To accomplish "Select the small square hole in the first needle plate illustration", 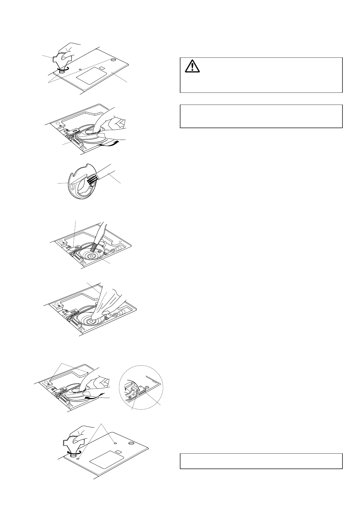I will (x=102, y=68).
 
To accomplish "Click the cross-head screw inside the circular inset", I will (x=146, y=387).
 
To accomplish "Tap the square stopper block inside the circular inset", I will (x=140, y=392).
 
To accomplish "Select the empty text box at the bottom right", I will (x=261, y=461).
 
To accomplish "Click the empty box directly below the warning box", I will (x=261, y=116).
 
